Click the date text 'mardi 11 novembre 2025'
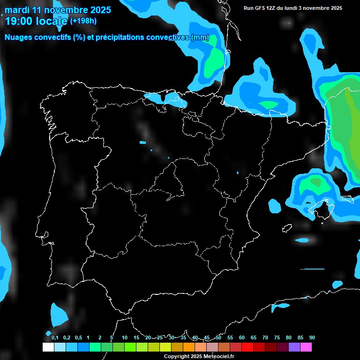pyautogui.click(x=58, y=10)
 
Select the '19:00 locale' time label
pyautogui.click(x=36, y=21)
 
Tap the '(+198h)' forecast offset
pyautogui.click(x=83, y=21)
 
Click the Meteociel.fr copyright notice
pyautogui.click(x=199, y=356)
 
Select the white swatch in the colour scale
pyautogui.click(x=48, y=347)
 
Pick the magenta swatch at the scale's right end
pyautogui.click(x=306, y=347)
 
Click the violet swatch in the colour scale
pyautogui.click(x=294, y=347)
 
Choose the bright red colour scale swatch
pyautogui.click(x=247, y=347)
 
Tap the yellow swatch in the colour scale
pyautogui.click(x=165, y=347)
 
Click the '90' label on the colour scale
pyautogui.click(x=312, y=337)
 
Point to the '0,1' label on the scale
pyautogui.click(x=55, y=337)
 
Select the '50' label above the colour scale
pyautogui.click(x=218, y=337)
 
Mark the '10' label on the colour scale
pyautogui.click(x=124, y=337)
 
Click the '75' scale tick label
pyautogui.click(x=277, y=337)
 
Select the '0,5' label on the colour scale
pyautogui.click(x=78, y=337)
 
